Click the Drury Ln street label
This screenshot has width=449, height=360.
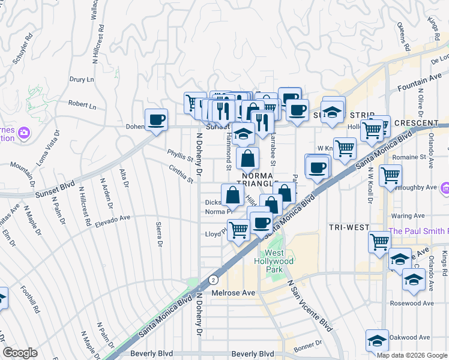point(82,79)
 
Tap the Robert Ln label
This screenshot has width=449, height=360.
point(82,104)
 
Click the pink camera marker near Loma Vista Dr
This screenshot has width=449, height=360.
point(24,132)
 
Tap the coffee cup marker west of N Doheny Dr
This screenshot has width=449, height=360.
point(156,119)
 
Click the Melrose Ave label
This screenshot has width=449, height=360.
point(234,293)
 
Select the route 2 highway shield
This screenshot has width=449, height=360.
point(212,280)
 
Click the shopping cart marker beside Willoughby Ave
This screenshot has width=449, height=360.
point(390,175)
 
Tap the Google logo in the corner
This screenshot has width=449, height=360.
point(20,353)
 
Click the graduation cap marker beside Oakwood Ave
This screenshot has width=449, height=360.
point(377,341)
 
